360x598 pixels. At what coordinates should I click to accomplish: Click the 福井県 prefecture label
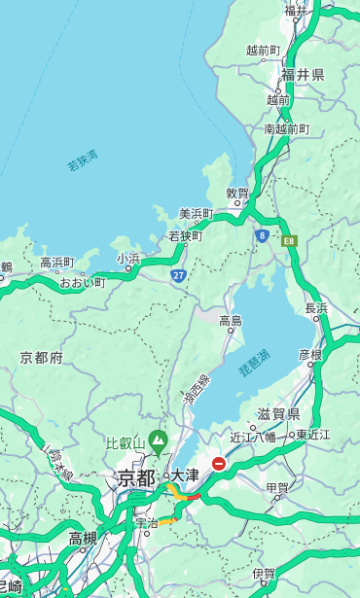click(303, 75)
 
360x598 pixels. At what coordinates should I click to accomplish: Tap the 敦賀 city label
click(238, 193)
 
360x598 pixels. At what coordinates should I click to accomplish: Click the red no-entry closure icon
click(220, 464)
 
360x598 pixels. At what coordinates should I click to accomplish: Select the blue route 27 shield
click(178, 276)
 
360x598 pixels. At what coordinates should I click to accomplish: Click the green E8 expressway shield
click(289, 240)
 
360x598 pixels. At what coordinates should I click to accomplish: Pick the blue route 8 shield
click(262, 235)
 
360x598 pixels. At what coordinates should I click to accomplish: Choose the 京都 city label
click(135, 477)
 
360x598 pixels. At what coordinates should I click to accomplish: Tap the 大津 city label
click(185, 475)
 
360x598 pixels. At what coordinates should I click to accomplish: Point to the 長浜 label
click(317, 308)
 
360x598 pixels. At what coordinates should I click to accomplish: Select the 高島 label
click(231, 321)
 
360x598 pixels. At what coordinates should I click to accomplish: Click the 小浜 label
click(128, 259)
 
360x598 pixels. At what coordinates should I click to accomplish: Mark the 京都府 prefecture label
click(42, 358)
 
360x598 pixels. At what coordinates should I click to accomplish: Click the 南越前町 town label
click(286, 129)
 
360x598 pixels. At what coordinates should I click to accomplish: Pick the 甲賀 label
click(277, 488)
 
